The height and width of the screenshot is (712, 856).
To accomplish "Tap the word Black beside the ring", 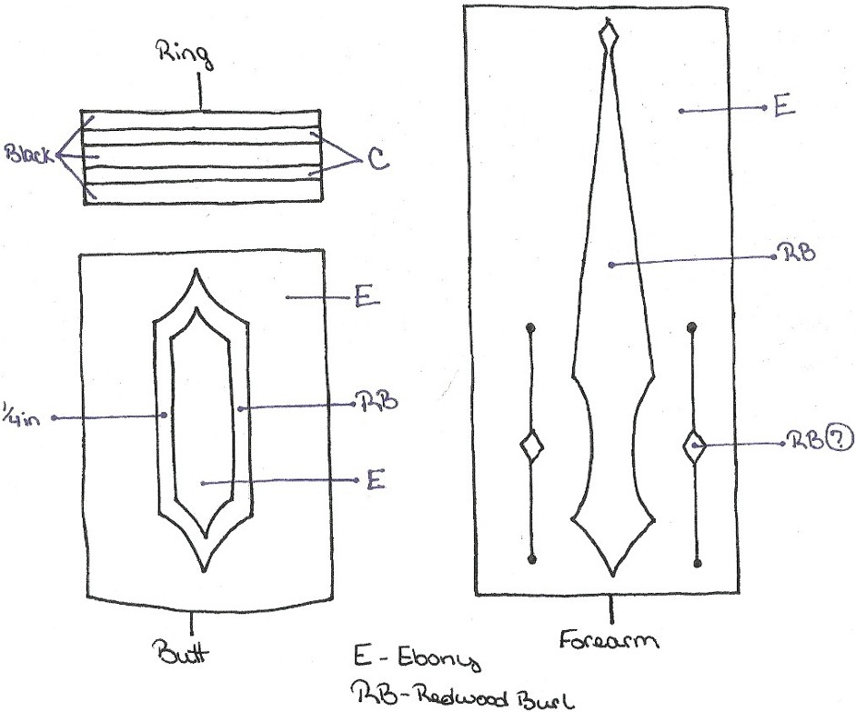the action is click(29, 155).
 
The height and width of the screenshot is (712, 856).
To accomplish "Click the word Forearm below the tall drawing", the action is click(609, 639).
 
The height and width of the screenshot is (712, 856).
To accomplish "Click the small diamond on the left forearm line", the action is click(530, 447).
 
